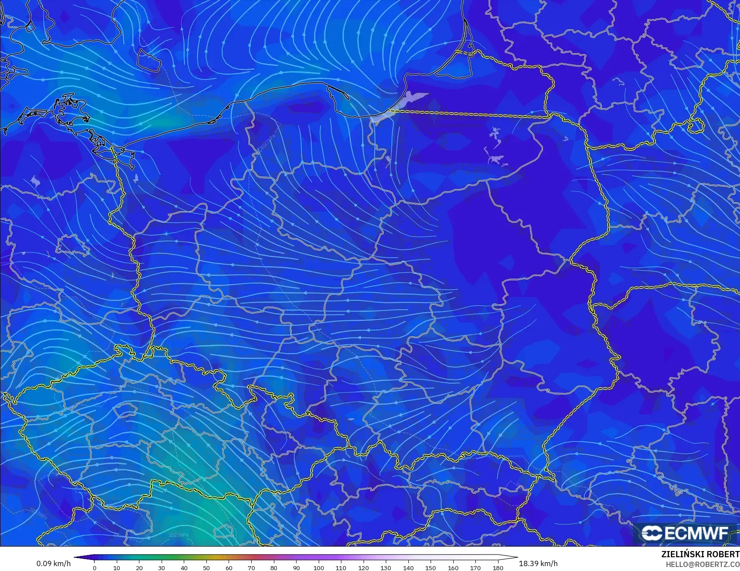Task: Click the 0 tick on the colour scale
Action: pyautogui.click(x=95, y=567)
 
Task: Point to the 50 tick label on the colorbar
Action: pyautogui.click(x=206, y=567)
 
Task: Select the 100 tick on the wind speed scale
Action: pyautogui.click(x=318, y=567)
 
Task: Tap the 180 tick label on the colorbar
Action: pyautogui.click(x=498, y=567)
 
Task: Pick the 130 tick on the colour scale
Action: pyautogui.click(x=386, y=567)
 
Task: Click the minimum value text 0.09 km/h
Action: pyautogui.click(x=53, y=563)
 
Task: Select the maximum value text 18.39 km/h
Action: pyautogui.click(x=538, y=563)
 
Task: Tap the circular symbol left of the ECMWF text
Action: pyautogui.click(x=652, y=533)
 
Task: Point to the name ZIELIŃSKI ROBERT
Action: pyautogui.click(x=700, y=554)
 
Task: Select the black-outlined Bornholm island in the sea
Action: pyautogui.click(x=148, y=59)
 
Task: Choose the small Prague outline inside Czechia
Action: pyautogui.click(x=125, y=410)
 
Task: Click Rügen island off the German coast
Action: pyautogui.click(x=71, y=109)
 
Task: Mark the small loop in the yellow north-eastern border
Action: pyautogui.click(x=696, y=126)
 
